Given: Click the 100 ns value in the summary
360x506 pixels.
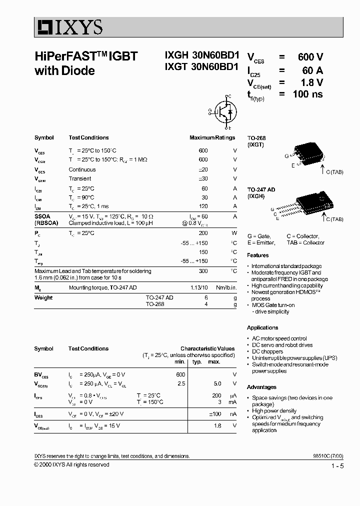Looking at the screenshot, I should [x=307, y=94].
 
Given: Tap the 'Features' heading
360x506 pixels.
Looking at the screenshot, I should [x=257, y=255].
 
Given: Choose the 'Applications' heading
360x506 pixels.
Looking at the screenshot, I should [x=262, y=327].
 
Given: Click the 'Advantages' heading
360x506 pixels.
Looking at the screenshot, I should [x=261, y=387].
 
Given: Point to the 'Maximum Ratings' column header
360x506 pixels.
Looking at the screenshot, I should [x=212, y=137].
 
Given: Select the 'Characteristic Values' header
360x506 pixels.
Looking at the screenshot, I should [x=207, y=348].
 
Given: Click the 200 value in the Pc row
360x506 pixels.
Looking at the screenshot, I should [x=203, y=233].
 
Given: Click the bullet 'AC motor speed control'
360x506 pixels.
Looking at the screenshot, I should [x=279, y=338].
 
